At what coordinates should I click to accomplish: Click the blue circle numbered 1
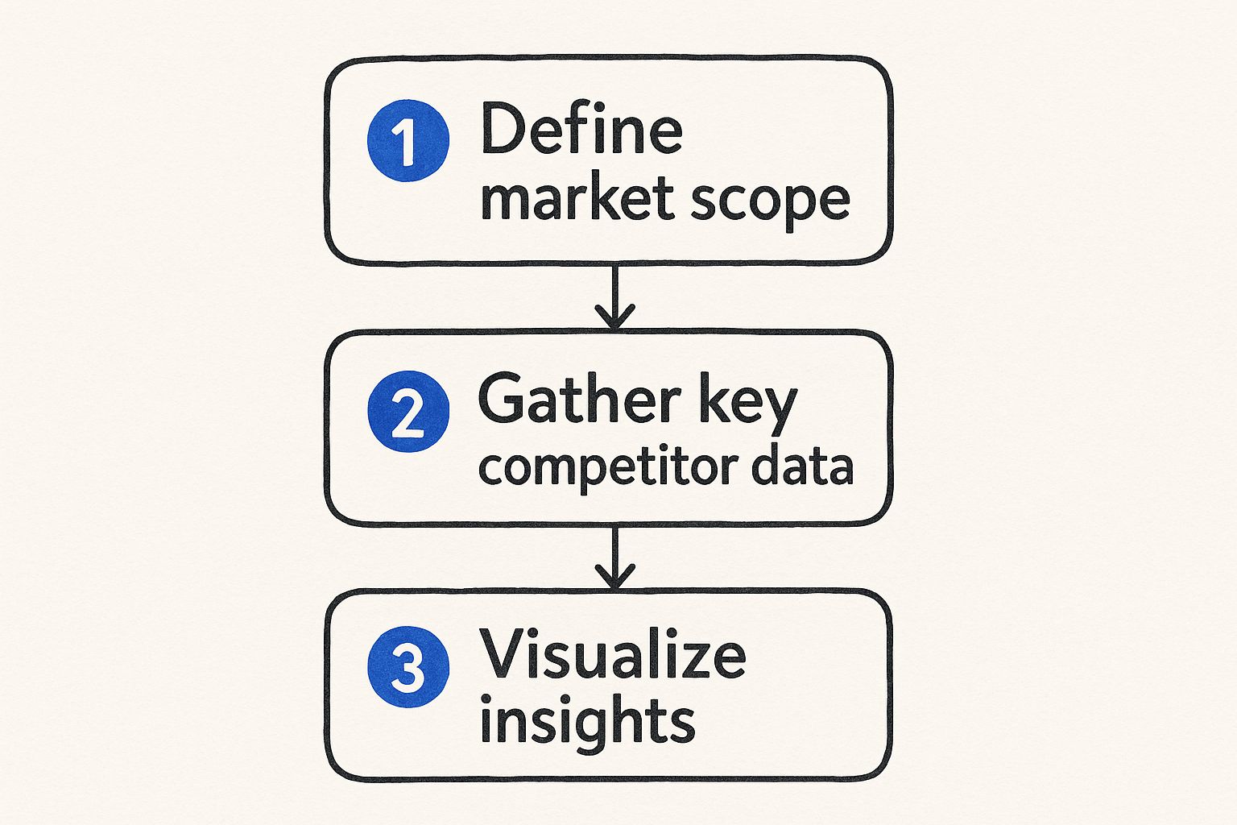click(x=408, y=141)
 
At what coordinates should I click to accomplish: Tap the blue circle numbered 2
click(x=408, y=411)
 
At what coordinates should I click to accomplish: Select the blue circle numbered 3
click(x=408, y=667)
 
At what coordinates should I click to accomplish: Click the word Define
click(x=581, y=130)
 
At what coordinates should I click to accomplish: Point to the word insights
click(x=587, y=719)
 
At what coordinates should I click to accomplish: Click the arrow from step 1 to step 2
click(x=615, y=295)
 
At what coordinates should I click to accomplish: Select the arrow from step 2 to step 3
click(x=615, y=556)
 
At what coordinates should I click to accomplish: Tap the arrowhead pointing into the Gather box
click(x=615, y=318)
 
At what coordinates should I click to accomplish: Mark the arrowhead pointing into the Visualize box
click(x=615, y=578)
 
